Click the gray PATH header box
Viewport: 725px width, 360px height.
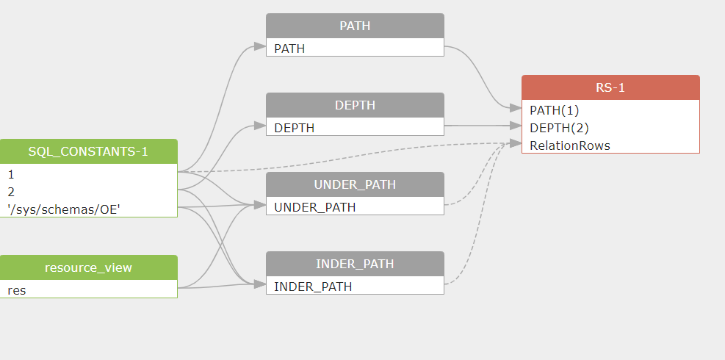[x=355, y=26]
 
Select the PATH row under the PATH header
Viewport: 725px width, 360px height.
[x=355, y=48]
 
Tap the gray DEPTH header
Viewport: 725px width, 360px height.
[x=355, y=105]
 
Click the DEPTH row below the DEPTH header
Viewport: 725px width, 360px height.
[x=355, y=127]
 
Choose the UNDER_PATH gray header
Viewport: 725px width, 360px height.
[x=355, y=184]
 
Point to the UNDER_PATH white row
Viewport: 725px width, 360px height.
[x=355, y=206]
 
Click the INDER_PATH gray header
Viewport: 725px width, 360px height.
[x=355, y=264]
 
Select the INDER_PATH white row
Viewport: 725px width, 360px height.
[x=355, y=286]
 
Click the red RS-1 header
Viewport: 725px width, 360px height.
[x=611, y=87]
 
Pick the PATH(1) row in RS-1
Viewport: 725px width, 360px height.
[x=611, y=109]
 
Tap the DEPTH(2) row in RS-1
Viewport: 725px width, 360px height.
[x=611, y=127]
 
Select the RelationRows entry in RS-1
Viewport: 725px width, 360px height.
[x=611, y=145]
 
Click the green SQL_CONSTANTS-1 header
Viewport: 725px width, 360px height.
[x=88, y=151]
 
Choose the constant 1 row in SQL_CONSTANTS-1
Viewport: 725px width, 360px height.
[x=88, y=173]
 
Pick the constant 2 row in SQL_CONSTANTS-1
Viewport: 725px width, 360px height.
[x=88, y=191]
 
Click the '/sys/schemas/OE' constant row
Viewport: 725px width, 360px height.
[x=88, y=209]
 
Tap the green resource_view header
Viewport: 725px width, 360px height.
[x=88, y=267]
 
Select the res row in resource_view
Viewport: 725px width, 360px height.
[x=88, y=289]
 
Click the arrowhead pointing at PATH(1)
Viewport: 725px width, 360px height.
[x=516, y=108]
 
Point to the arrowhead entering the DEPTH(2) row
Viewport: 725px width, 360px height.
[x=516, y=126]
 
